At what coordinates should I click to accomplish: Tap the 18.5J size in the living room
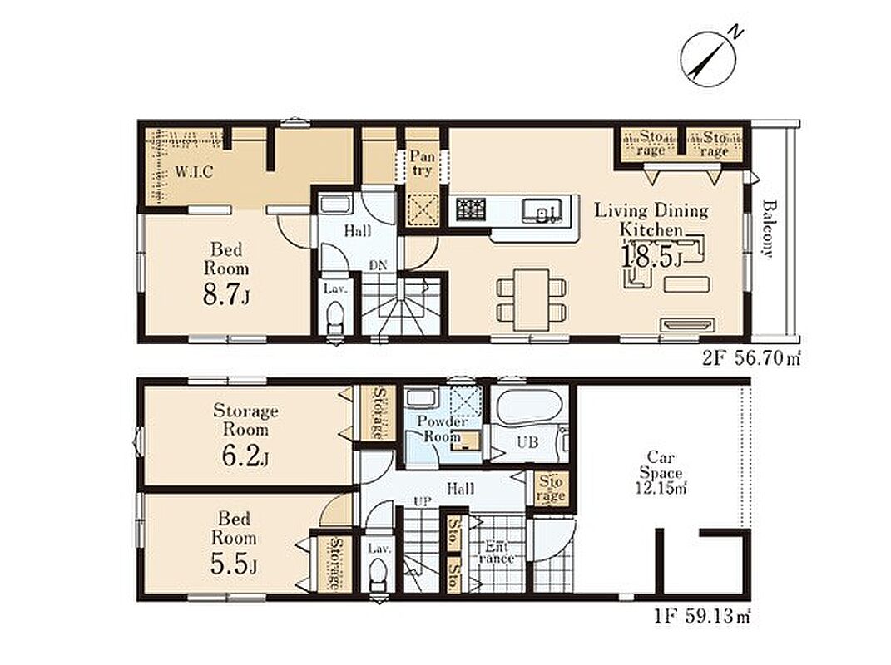pos(651,257)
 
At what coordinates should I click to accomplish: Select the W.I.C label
pos(195,171)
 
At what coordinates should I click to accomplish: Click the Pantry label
pos(422,163)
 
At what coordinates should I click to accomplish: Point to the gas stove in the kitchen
pos(471,209)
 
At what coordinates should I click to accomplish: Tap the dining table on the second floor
pos(532,300)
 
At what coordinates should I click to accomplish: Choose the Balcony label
pos(768,229)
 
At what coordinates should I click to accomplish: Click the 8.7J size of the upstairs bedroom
pos(226,295)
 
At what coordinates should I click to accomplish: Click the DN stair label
pos(378,265)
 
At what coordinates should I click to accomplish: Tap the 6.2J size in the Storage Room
pos(245,456)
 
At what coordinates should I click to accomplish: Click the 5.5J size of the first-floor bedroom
pos(234,564)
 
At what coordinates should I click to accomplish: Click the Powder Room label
pos(442,429)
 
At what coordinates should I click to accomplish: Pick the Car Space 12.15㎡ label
pos(661,472)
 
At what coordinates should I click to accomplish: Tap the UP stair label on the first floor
pos(422,501)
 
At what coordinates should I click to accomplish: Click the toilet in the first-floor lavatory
pos(376,575)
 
